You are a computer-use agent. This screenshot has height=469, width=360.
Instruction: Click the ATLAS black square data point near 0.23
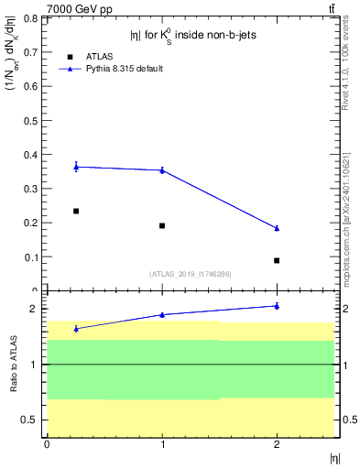76,211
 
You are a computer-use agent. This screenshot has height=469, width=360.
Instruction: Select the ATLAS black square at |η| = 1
162,225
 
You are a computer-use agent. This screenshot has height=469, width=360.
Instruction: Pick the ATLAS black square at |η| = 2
277,260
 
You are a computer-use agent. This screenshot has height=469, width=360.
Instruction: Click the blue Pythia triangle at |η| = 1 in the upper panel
162,170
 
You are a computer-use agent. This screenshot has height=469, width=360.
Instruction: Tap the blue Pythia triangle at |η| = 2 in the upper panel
277,228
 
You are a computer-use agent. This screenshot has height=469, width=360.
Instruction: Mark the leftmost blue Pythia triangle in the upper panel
76,167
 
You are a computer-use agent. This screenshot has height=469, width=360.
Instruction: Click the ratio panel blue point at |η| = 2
277,306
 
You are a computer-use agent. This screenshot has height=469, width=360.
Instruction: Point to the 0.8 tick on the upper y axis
32,18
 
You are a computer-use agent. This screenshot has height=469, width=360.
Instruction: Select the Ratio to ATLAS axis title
14,365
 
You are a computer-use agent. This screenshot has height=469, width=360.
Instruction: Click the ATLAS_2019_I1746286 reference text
190,274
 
